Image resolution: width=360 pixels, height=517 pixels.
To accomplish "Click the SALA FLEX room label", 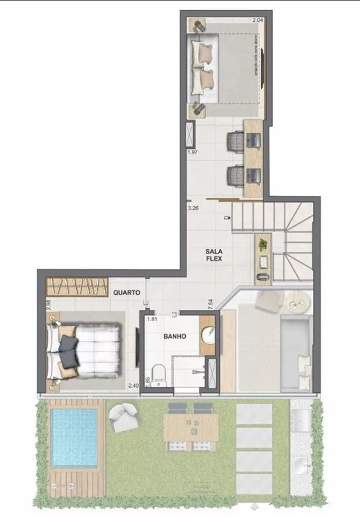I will point(213,254).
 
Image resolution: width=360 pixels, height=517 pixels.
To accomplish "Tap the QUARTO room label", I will point(127,293).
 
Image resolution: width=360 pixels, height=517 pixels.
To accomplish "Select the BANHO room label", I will point(175,336).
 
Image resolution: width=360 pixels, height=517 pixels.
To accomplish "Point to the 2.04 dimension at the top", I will point(257,20).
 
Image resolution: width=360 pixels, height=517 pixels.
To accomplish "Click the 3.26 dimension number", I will point(193,209).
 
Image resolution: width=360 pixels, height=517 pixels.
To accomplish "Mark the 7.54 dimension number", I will point(211,303).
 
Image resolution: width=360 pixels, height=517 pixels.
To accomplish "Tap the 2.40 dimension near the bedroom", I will point(133,385).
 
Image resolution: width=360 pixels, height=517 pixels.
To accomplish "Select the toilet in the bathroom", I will point(159,375).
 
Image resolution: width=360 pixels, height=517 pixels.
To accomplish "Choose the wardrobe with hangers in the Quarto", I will point(77,286).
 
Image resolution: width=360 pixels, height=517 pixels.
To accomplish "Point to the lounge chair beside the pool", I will point(122,416).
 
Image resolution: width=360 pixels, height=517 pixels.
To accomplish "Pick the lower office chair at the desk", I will point(236,177).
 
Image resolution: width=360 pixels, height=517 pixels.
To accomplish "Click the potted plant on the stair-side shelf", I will point(263,243).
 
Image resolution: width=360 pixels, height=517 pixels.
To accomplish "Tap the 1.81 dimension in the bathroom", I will point(151,320).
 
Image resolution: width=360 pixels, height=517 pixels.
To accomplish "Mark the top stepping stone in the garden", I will point(254,414).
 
